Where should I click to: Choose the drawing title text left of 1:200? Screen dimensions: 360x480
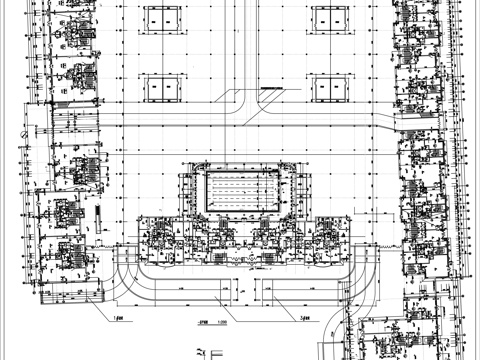point(203,323)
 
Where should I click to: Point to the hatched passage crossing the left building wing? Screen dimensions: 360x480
point(75,122)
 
